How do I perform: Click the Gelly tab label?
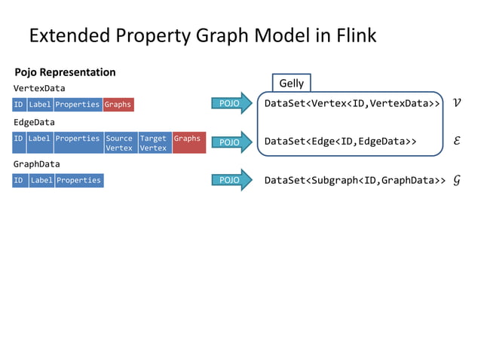(291, 83)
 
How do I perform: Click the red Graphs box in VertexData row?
(118, 105)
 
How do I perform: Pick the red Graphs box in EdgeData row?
(188, 142)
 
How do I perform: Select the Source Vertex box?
(119, 142)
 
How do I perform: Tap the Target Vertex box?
(154, 142)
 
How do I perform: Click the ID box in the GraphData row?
(20, 181)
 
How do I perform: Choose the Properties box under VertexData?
(78, 105)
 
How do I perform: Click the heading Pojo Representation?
(65, 72)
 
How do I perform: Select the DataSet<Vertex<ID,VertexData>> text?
(352, 104)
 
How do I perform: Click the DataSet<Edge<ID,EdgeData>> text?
(340, 141)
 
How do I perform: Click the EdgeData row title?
(34, 122)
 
